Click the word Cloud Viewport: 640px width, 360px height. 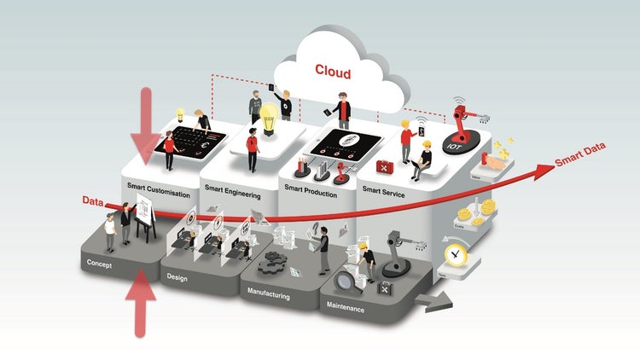pos(333,71)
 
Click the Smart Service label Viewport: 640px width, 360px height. pos(382,193)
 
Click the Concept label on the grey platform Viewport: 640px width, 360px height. pos(100,264)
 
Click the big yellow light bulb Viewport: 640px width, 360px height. pos(271,117)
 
